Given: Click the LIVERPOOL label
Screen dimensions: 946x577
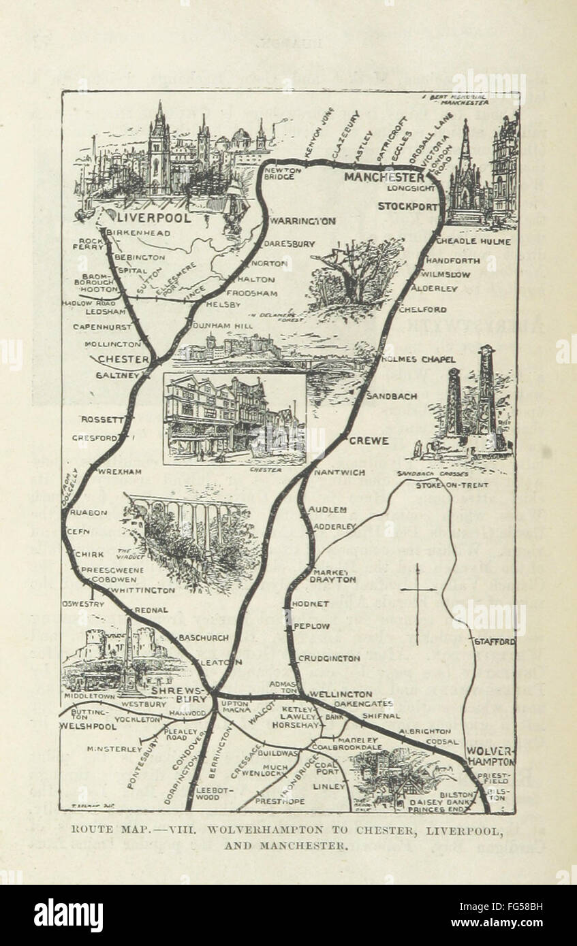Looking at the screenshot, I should (155, 218).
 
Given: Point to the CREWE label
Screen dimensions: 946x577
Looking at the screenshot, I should (369, 440).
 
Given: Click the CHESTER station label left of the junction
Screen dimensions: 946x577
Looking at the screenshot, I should (123, 359).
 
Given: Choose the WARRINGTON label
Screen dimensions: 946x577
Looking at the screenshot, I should (302, 221).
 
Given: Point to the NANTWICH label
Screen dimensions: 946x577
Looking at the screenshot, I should (339, 472).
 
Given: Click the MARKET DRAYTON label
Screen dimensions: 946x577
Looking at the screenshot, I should (333, 576).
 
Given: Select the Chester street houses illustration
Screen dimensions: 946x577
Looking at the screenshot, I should (234, 419).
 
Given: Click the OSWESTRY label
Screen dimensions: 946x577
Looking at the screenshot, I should (84, 603).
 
